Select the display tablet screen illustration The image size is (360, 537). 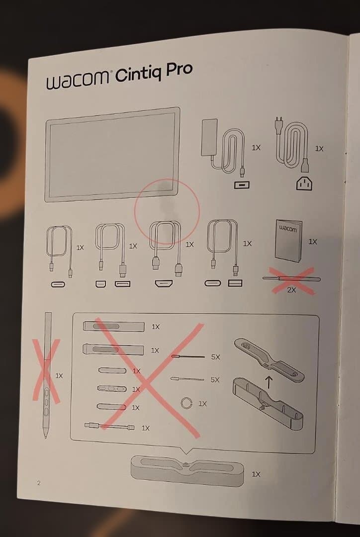[x=113, y=155]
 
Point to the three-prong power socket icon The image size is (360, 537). [x=304, y=184]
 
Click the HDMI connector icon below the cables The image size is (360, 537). [x=164, y=283]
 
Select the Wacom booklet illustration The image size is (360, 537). [x=289, y=241]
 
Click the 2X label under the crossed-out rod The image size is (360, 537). [x=291, y=290]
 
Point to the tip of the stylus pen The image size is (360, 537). [x=46, y=437]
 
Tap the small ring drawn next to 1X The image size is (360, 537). [x=186, y=403]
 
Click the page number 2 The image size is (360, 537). [x=39, y=483]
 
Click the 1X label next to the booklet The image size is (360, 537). [x=313, y=242]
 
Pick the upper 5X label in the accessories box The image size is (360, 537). [x=215, y=357]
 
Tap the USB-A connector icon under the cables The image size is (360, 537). [x=235, y=283]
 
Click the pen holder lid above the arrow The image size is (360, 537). [x=270, y=360]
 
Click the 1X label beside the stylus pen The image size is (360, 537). [x=59, y=376]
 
